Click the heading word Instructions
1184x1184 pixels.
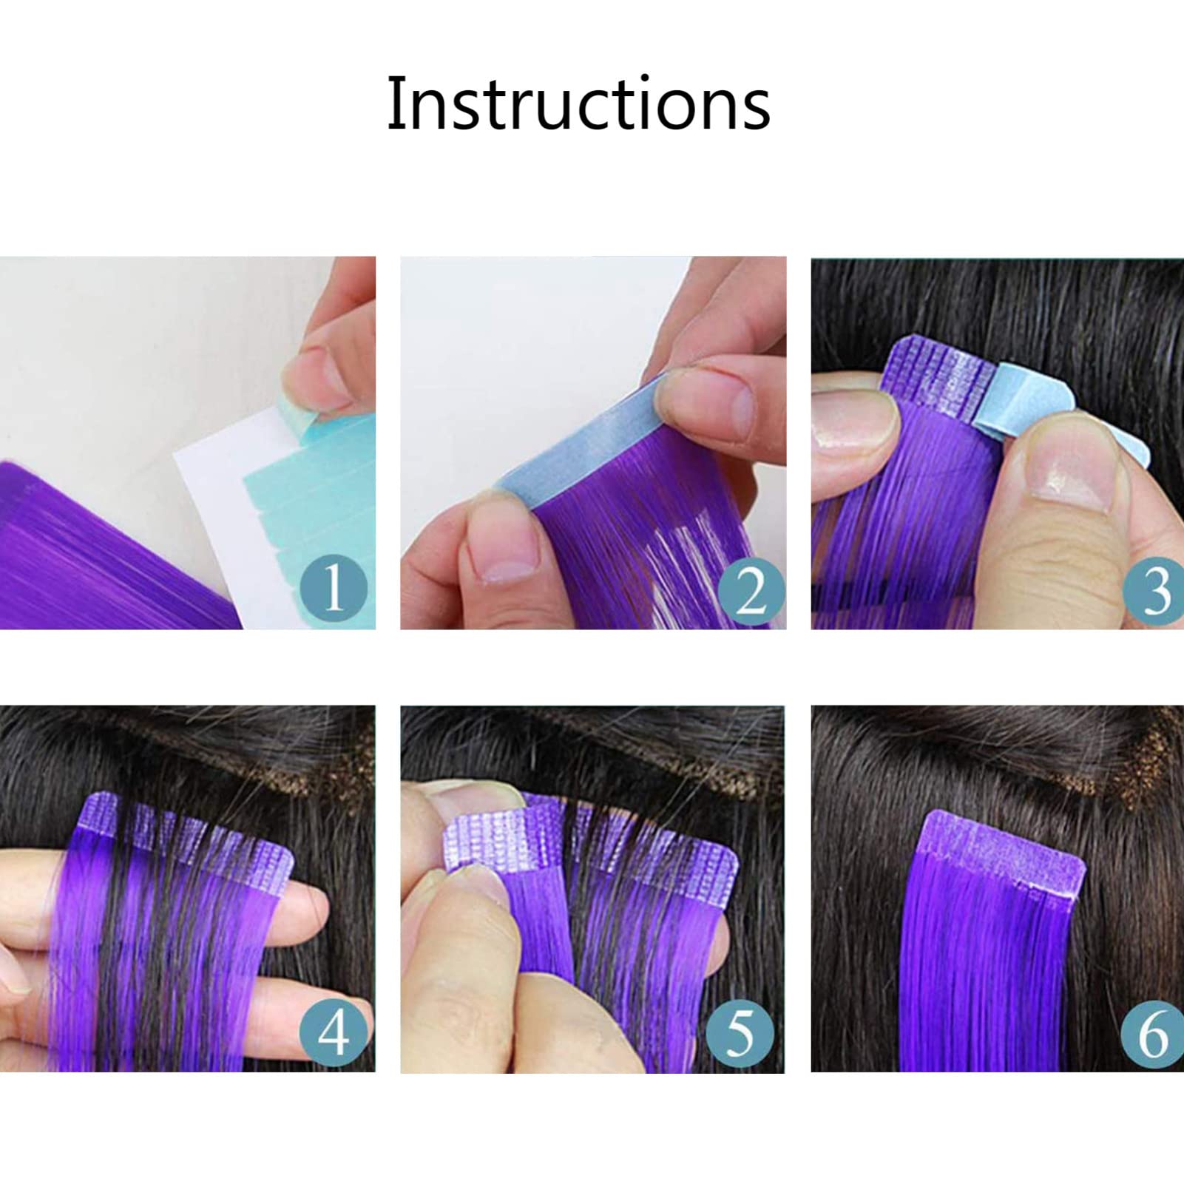click(578, 104)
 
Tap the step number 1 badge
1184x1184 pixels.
click(334, 588)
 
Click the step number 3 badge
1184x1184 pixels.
click(1154, 589)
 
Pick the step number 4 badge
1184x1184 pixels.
click(334, 1032)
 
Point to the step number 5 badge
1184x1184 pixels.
click(740, 1032)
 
